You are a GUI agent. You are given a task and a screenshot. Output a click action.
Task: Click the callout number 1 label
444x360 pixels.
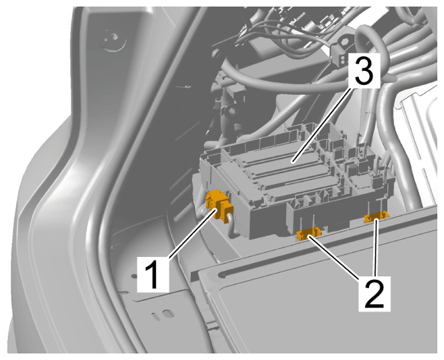click(x=153, y=274)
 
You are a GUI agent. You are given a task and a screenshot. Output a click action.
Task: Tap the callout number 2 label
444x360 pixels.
click(x=374, y=293)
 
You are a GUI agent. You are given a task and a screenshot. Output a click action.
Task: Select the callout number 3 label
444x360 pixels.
click(x=364, y=70)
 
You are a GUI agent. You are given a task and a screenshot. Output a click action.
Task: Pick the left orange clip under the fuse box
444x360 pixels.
click(x=309, y=233)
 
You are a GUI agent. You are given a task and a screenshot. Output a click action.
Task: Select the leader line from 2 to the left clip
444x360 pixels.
click(x=335, y=257)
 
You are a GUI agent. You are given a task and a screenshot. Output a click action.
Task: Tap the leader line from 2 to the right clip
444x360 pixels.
click(x=376, y=247)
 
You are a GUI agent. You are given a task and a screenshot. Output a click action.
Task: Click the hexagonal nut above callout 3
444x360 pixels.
click(x=345, y=42)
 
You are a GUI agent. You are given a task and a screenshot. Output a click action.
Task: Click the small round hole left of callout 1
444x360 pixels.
click(x=133, y=276)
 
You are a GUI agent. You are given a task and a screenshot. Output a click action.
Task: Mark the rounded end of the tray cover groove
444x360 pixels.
click(x=223, y=275)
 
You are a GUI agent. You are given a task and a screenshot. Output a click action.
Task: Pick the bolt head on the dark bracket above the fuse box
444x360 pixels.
click(x=231, y=111)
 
